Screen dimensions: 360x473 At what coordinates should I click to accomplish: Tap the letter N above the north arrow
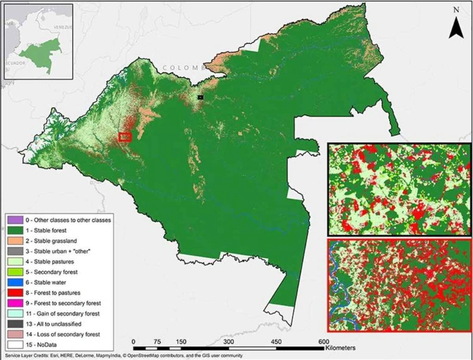(456, 10)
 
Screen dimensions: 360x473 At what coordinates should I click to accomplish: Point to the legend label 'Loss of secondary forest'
(60, 334)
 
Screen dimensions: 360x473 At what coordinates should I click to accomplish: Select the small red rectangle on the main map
(125, 137)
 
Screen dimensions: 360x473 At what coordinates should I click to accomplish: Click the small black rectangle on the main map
(200, 97)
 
